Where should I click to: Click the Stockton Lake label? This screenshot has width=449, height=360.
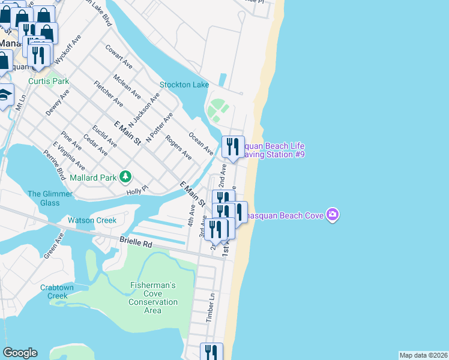(184, 85)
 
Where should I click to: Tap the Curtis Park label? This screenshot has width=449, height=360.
(49, 81)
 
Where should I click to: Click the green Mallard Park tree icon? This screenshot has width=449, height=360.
(125, 176)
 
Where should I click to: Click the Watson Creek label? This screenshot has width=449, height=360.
(92, 220)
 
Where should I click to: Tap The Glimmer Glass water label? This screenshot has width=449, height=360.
(50, 198)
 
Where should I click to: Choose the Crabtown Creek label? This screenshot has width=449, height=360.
(58, 292)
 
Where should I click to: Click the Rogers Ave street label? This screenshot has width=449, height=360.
(179, 147)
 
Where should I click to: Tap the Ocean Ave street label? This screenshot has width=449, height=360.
(201, 142)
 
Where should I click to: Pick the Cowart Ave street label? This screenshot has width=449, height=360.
(118, 55)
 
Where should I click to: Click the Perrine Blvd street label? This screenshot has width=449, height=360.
(54, 164)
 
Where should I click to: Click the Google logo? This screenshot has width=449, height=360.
(20, 353)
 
